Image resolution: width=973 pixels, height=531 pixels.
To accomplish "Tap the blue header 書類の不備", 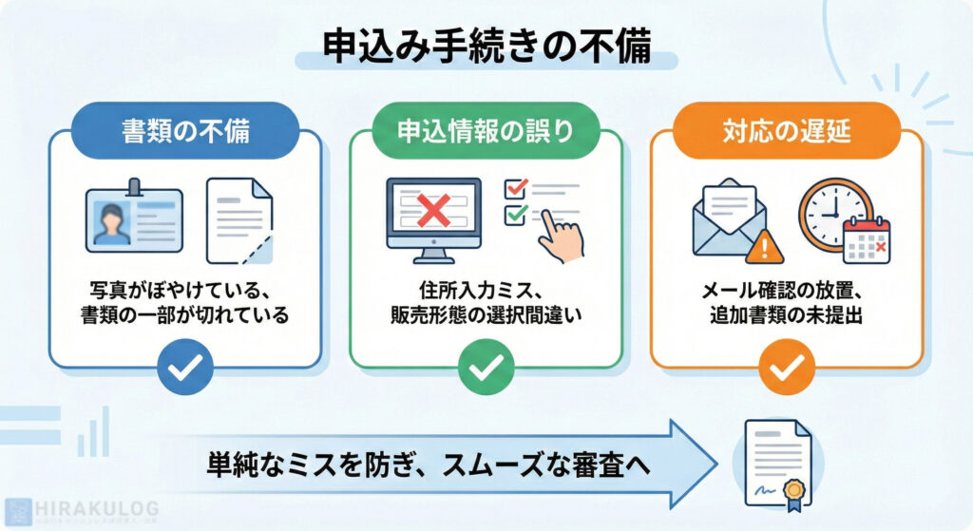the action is [x=186, y=130].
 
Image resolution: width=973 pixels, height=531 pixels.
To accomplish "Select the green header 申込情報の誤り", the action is [x=486, y=130].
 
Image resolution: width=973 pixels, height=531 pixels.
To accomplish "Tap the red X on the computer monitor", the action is [x=433, y=211].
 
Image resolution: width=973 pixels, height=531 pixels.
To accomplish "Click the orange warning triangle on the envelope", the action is [x=765, y=249].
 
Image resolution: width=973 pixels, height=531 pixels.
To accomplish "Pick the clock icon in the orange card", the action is [x=833, y=212].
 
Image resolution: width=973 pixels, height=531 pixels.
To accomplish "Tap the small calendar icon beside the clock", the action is [x=867, y=240].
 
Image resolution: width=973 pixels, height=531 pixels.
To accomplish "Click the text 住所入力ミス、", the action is [x=485, y=289].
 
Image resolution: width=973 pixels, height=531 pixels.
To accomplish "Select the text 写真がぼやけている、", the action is [x=185, y=289].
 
